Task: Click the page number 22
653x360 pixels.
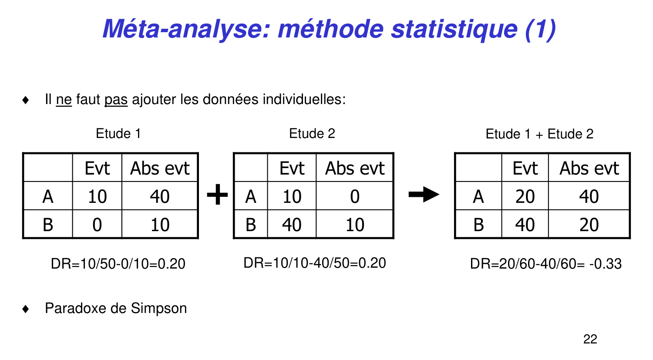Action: [x=590, y=339]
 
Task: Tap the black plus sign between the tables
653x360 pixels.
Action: [x=217, y=195]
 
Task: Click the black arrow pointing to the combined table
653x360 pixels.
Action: [x=424, y=195]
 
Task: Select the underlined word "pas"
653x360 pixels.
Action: [x=116, y=100]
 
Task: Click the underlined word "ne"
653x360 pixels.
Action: [x=64, y=100]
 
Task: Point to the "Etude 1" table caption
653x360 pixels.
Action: [x=118, y=134]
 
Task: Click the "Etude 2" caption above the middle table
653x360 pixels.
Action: [x=312, y=134]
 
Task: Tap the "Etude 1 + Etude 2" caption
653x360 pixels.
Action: [x=539, y=134]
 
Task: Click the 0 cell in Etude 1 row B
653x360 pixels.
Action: [x=97, y=225]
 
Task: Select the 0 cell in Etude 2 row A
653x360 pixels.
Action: [x=355, y=196]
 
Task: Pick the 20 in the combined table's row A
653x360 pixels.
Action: [x=525, y=196]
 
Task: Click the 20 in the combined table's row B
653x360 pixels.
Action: [x=589, y=225]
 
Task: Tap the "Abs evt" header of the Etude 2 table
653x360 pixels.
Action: [x=355, y=168]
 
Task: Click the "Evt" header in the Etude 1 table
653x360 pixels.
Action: [x=97, y=168]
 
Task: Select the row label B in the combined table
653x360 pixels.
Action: [x=478, y=225]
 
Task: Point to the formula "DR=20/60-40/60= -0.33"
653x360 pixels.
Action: [x=545, y=264]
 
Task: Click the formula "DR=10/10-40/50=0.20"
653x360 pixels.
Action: [x=315, y=263]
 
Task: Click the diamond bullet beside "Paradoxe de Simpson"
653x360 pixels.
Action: [x=26, y=309]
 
